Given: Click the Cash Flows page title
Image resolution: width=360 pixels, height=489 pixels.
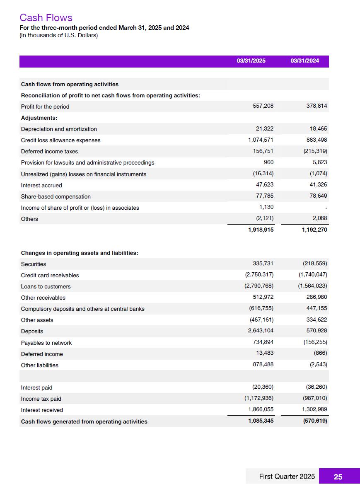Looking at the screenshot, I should coord(46,18).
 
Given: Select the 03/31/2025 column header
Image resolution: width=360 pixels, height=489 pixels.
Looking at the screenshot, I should coord(251,61).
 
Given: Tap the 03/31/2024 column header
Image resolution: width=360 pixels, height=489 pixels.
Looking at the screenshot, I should coord(304,61).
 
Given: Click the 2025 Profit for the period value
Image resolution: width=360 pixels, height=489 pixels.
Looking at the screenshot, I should coord(263,106).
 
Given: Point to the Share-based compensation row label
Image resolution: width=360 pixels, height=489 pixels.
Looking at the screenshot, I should coord(56,196).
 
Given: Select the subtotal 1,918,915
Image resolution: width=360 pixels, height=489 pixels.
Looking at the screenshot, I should coord(261,230).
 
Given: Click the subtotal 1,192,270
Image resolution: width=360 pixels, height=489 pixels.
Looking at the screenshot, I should coord(314,230).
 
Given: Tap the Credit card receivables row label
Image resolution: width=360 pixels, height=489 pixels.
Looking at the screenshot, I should coord(50,275).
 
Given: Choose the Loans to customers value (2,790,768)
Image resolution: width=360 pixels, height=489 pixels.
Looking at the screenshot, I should coord(259,286).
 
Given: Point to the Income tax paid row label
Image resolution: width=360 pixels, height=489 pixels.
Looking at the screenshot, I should coord(41,399).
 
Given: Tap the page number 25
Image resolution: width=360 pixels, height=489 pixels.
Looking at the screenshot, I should coord(338,477).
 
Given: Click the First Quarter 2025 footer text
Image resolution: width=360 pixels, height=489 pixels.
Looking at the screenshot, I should coord(287,477).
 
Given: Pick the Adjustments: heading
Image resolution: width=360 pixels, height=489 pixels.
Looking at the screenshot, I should coord(39,118).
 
